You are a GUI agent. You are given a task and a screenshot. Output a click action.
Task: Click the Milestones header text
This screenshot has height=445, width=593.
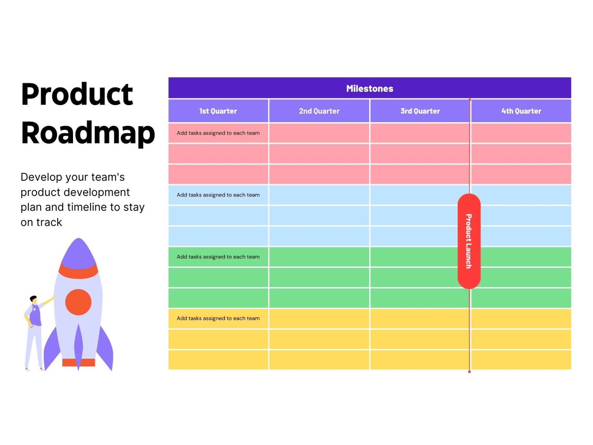[369, 89]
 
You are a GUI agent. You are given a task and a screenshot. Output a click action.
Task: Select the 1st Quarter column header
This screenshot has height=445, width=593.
[218, 111]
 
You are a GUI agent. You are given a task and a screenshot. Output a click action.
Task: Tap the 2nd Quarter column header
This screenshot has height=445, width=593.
[319, 111]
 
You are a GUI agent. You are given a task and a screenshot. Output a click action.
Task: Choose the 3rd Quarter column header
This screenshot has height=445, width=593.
[420, 111]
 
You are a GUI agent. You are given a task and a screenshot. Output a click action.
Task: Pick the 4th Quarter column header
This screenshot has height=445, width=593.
[521, 111]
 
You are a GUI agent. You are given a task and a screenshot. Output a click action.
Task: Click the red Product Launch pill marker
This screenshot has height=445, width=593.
[469, 241]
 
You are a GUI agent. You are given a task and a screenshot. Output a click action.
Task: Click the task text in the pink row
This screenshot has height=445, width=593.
[218, 133]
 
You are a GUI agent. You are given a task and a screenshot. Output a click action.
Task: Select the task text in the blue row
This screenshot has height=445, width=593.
[218, 195]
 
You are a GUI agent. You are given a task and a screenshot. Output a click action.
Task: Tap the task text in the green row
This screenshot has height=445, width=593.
[218, 257]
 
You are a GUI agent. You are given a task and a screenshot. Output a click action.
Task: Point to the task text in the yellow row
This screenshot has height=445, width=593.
[218, 318]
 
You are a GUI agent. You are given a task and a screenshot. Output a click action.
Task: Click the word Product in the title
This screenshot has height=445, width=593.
[77, 95]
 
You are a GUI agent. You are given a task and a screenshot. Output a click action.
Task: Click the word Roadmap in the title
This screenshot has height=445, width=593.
[88, 133]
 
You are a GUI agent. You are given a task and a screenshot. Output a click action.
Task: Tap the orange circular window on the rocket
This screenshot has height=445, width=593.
[78, 302]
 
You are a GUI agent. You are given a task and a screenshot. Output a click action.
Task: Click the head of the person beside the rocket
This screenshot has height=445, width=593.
[34, 299]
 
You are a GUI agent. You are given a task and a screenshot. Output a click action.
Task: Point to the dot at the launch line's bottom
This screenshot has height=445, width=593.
[469, 371]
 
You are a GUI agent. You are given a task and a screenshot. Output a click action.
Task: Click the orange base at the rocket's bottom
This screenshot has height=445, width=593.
[78, 362]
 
